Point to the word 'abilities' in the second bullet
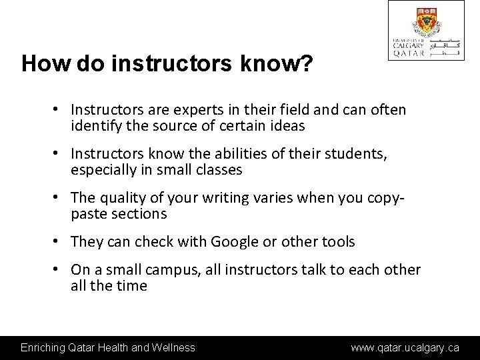(x=235, y=154)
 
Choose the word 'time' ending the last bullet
(x=132, y=286)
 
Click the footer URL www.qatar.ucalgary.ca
(x=405, y=347)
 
